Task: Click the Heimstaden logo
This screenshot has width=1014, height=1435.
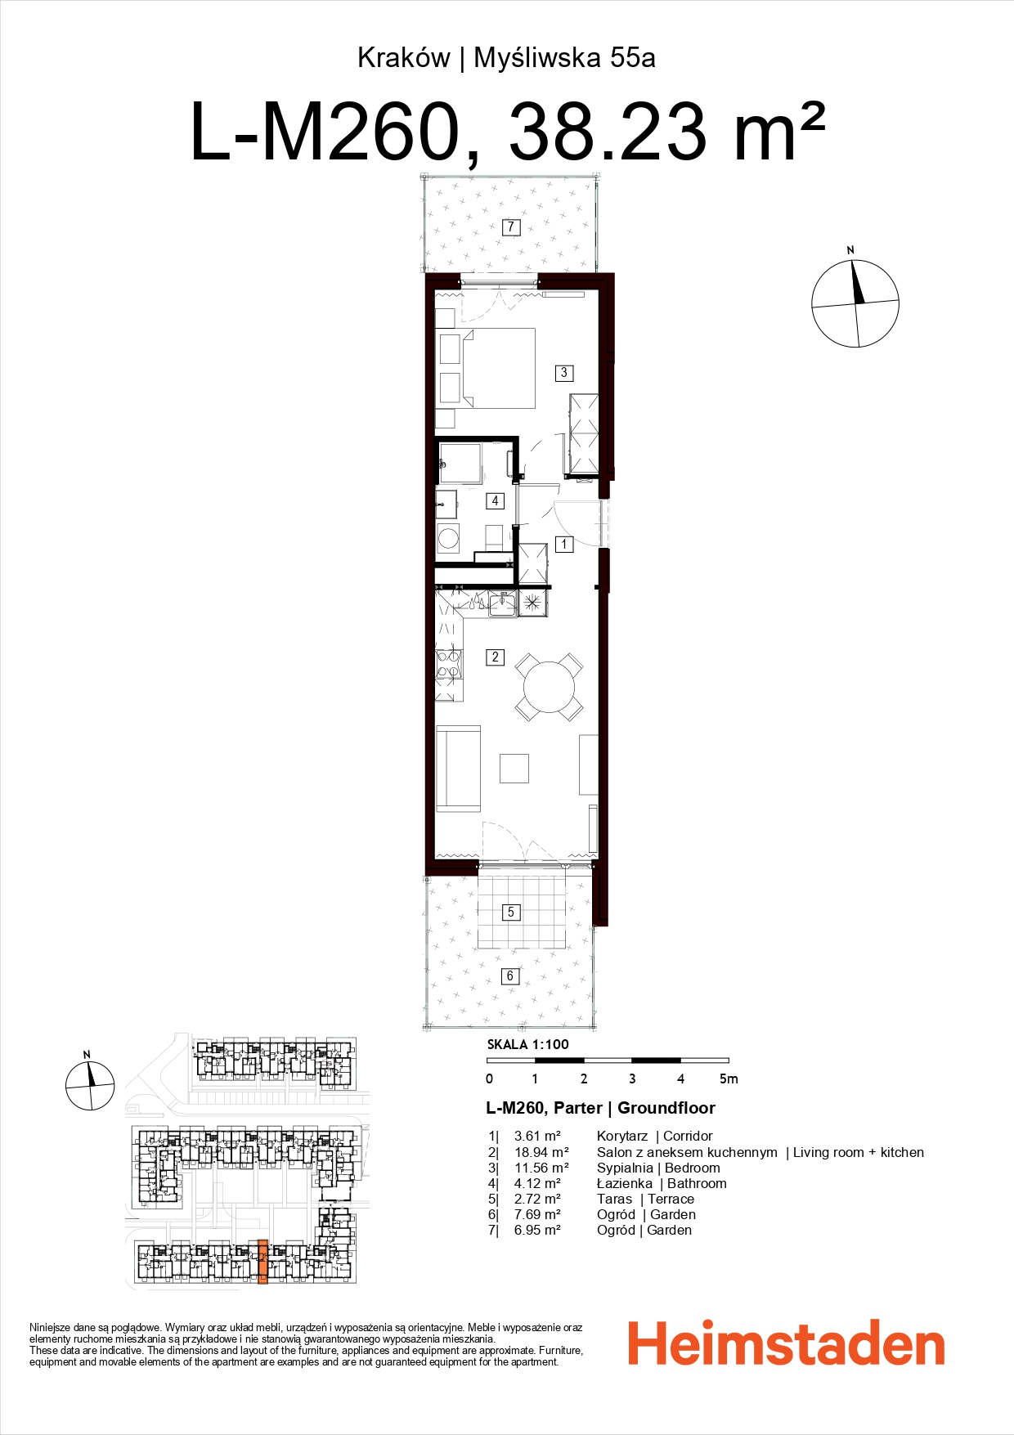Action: point(786,1343)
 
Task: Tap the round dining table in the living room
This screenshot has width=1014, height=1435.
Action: point(549,687)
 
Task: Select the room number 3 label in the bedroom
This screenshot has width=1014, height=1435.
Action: point(563,373)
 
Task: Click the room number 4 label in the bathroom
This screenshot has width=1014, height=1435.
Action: point(495,500)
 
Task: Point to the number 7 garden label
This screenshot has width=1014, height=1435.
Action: point(511,226)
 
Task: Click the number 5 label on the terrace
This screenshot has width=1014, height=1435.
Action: point(511,912)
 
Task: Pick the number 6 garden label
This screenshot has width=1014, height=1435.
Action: point(510,975)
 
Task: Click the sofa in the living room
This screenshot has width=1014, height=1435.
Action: point(458,769)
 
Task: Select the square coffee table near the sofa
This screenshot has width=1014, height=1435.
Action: point(514,768)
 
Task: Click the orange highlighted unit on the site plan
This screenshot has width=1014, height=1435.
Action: point(262,1261)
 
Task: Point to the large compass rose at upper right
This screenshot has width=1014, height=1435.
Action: point(855,303)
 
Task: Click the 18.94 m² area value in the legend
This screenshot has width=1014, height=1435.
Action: point(541,1152)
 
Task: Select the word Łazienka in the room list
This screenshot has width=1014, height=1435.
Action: point(624,1183)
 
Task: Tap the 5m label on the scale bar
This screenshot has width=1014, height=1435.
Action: point(728,1078)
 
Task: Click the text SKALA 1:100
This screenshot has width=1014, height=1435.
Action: point(527,1044)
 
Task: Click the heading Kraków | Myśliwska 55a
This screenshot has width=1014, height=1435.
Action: point(506,58)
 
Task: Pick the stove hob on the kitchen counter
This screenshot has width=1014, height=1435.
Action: point(448,664)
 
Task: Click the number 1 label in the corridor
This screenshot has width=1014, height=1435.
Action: point(563,544)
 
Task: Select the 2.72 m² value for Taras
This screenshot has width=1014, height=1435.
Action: point(537,1199)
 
